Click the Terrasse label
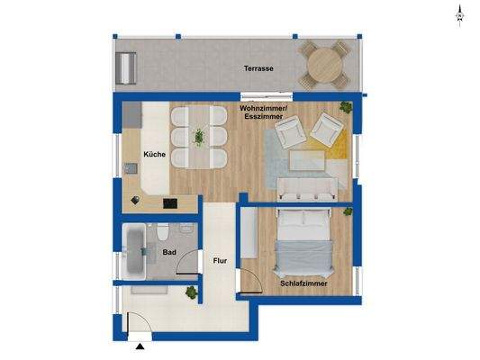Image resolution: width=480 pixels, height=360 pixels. [259, 68]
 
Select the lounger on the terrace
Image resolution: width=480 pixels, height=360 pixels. [128, 65]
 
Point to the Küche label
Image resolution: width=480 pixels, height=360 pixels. [153, 155]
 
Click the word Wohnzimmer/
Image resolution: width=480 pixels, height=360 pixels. [263, 108]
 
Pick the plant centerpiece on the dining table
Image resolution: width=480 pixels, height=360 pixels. [198, 137]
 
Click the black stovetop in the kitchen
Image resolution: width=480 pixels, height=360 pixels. [169, 203]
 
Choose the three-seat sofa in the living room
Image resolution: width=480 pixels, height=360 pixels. [307, 188]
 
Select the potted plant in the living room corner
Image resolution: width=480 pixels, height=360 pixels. [346, 110]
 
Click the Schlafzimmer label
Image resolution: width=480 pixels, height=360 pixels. [303, 283]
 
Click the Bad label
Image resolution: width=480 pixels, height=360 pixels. [168, 253]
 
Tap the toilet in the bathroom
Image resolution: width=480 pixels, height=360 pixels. [160, 232]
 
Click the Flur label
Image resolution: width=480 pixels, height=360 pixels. [219, 264]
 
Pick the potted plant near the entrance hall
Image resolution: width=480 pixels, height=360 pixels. [192, 292]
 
